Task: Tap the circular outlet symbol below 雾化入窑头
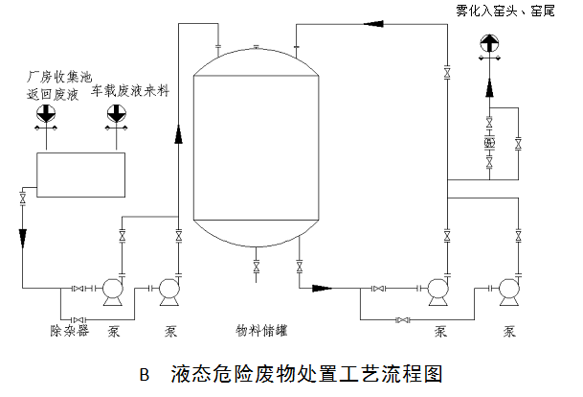(488, 44)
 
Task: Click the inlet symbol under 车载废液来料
(116, 114)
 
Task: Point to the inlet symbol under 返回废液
(45, 114)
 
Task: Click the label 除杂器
(68, 333)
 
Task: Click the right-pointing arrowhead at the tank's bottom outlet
(323, 287)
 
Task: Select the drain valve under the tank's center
(257, 264)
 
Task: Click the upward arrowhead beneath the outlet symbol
(488, 87)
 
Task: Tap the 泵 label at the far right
(510, 333)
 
